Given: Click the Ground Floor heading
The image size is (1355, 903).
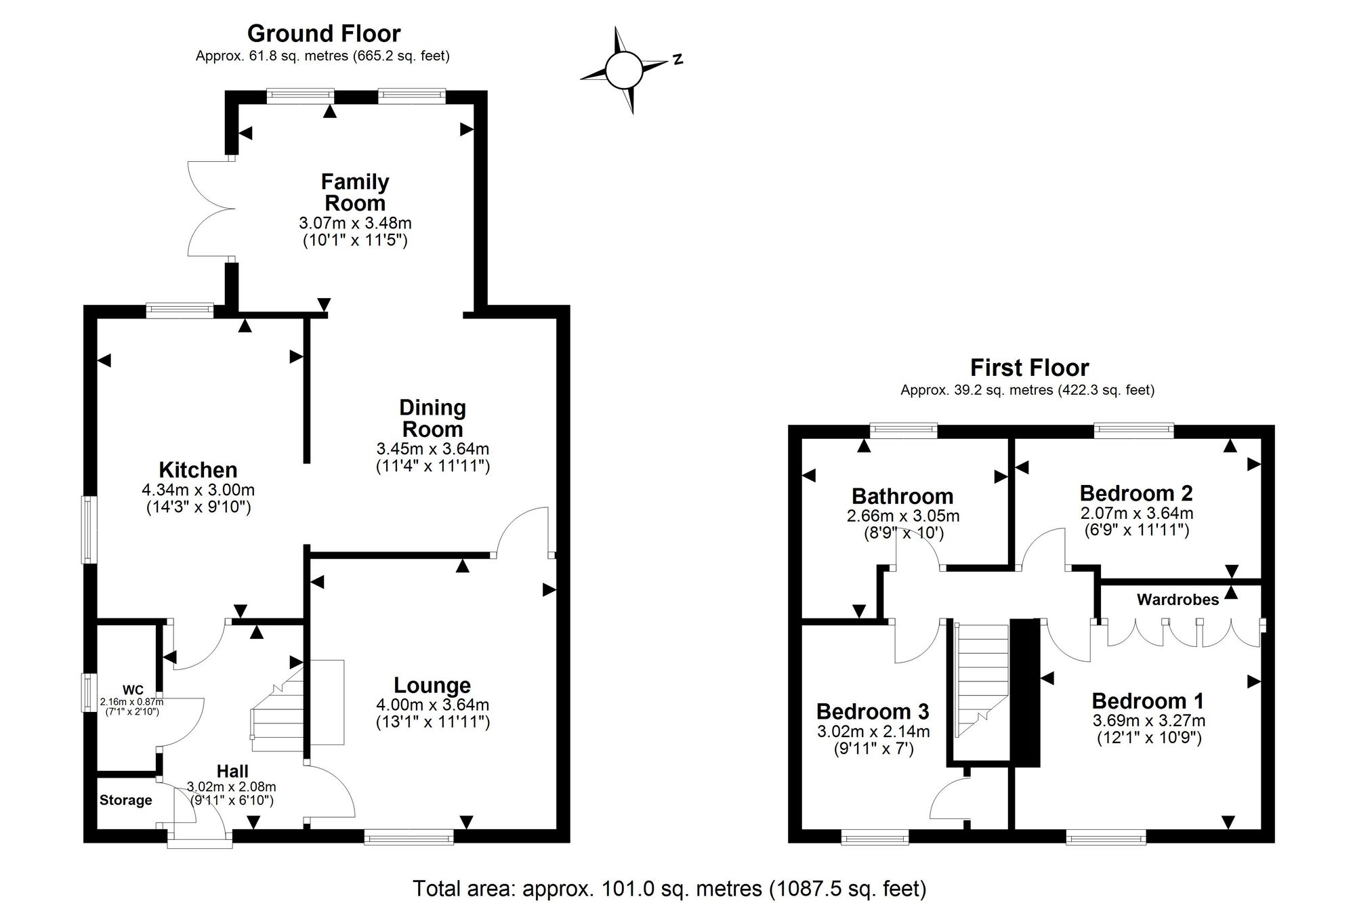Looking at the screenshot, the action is point(324,33).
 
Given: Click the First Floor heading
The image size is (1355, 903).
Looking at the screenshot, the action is point(1029,368).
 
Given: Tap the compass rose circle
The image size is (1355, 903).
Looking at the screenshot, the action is point(623,70).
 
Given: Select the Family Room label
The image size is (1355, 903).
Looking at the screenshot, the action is point(355,192).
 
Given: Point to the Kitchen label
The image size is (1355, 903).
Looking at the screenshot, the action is point(198,469).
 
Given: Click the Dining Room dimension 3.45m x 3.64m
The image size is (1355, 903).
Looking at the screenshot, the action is point(433,448).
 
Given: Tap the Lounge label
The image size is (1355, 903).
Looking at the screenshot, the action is point(432,686).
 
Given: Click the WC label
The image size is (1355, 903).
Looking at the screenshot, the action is point(133,690).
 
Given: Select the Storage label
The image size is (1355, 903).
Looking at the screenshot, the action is point(126,800).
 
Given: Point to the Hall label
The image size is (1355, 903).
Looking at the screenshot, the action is point(232,771).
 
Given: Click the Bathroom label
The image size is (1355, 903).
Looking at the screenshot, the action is point(902,496).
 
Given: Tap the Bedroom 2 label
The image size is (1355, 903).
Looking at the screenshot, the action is point(1136,493).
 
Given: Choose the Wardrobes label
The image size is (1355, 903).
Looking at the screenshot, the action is point(1177,600).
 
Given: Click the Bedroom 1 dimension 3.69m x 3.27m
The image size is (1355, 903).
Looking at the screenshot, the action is point(1149,721).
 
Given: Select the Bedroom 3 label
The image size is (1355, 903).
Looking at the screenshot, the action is point(873,711).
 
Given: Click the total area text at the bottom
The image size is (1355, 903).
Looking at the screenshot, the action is point(669,888).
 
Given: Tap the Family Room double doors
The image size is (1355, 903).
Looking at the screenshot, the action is point(211,208).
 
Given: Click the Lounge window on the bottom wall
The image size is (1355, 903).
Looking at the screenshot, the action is point(409,838).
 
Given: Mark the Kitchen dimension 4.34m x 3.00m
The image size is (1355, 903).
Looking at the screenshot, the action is point(198,490).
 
